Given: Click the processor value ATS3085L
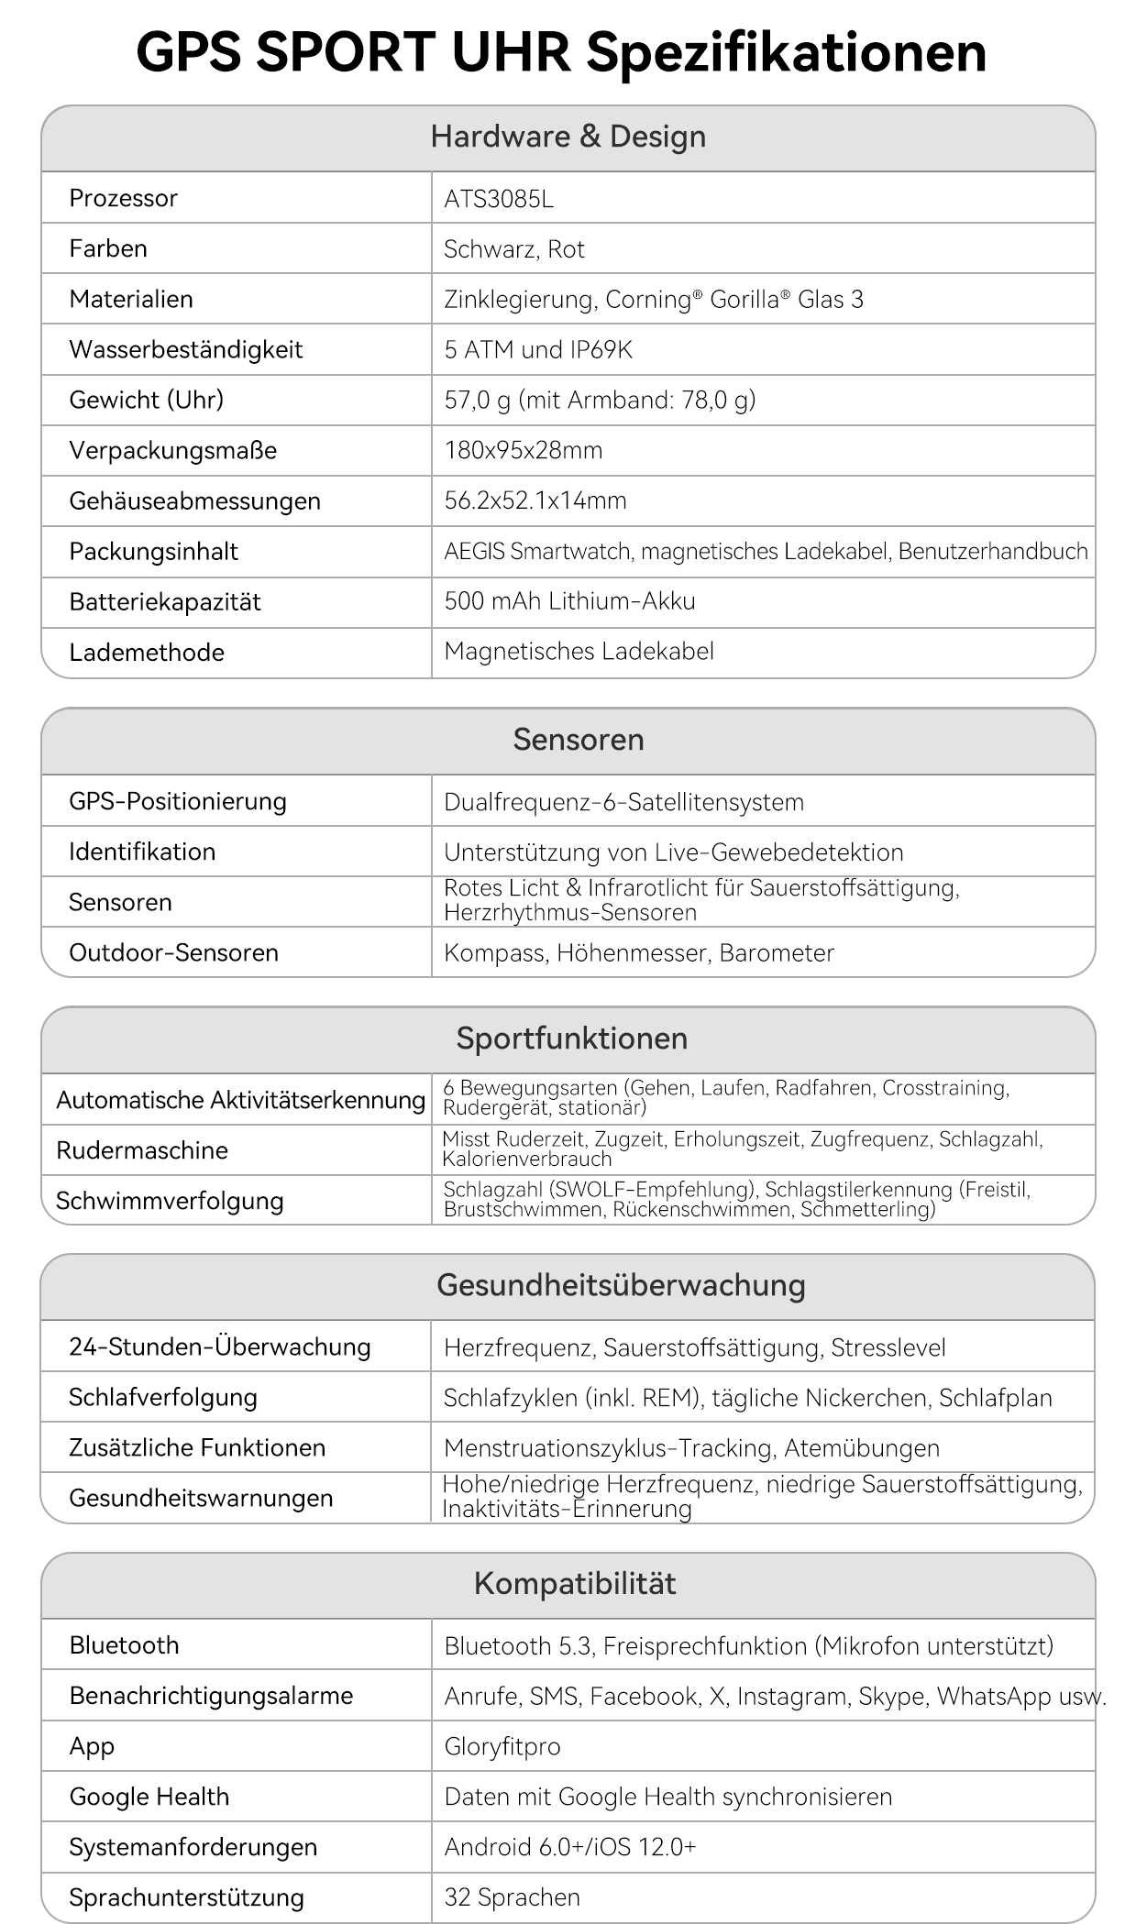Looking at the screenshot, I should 499,199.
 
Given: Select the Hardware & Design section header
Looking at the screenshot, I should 568,137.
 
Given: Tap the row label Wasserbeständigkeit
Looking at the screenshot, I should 185,349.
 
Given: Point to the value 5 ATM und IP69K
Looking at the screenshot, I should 538,349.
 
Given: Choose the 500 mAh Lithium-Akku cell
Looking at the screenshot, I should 569,601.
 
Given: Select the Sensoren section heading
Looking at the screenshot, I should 579,740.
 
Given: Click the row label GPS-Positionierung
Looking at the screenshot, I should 178,801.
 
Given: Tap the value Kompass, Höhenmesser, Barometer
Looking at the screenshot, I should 639,952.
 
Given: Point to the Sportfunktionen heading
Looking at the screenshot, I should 572,1039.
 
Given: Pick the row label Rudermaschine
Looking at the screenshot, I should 142,1150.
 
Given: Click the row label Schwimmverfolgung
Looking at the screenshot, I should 170,1201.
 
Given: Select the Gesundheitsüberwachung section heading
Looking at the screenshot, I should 621,1285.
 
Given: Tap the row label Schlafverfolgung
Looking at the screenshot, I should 163,1397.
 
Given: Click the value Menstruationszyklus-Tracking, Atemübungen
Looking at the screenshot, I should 691,1448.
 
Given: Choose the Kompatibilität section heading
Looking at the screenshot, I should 575,1583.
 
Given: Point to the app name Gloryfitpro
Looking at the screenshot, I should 502,1746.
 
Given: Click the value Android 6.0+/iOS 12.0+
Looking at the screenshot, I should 570,1846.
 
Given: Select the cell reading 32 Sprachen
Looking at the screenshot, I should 512,1897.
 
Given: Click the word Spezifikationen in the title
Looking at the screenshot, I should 786,52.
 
